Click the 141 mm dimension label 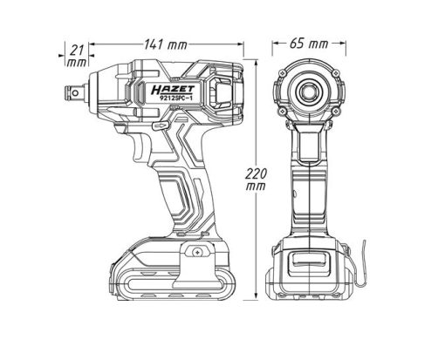(166, 45)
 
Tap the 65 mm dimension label (309, 44)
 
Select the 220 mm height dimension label (256, 180)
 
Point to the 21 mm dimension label (77, 56)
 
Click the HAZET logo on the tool (173, 90)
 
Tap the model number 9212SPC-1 (174, 98)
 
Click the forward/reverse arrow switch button (160, 126)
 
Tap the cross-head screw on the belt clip (198, 252)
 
